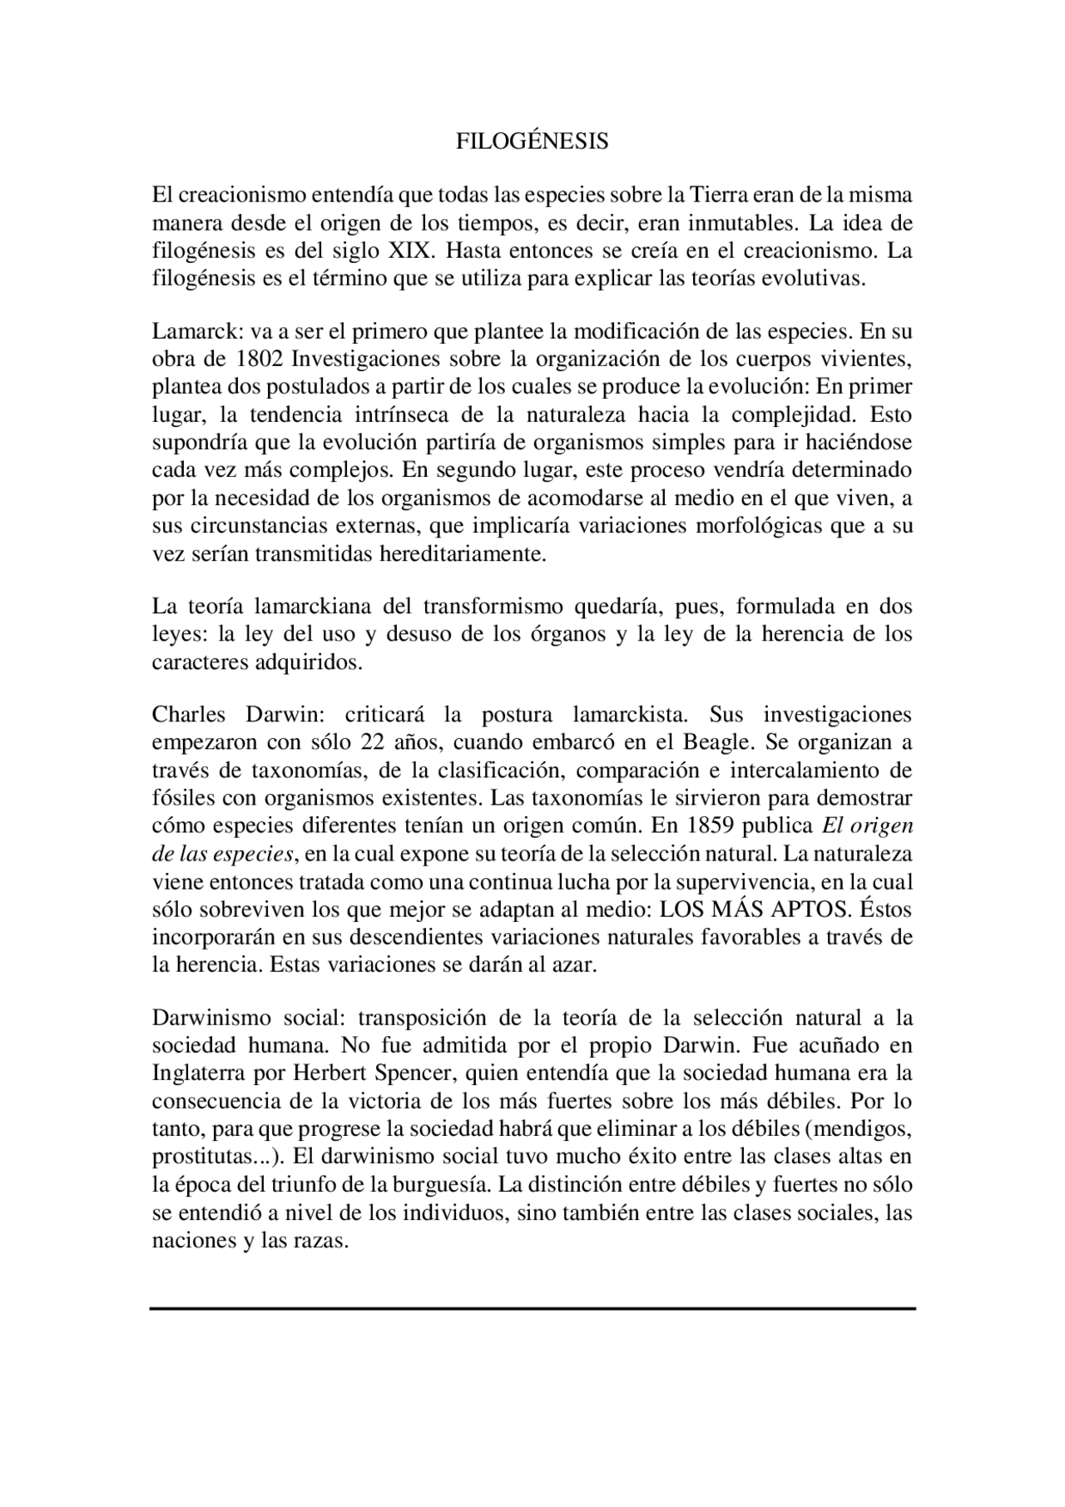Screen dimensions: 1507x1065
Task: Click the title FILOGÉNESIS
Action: tap(532, 141)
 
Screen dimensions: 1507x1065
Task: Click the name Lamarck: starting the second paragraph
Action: tap(197, 331)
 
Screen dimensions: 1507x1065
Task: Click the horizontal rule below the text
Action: tap(532, 1309)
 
